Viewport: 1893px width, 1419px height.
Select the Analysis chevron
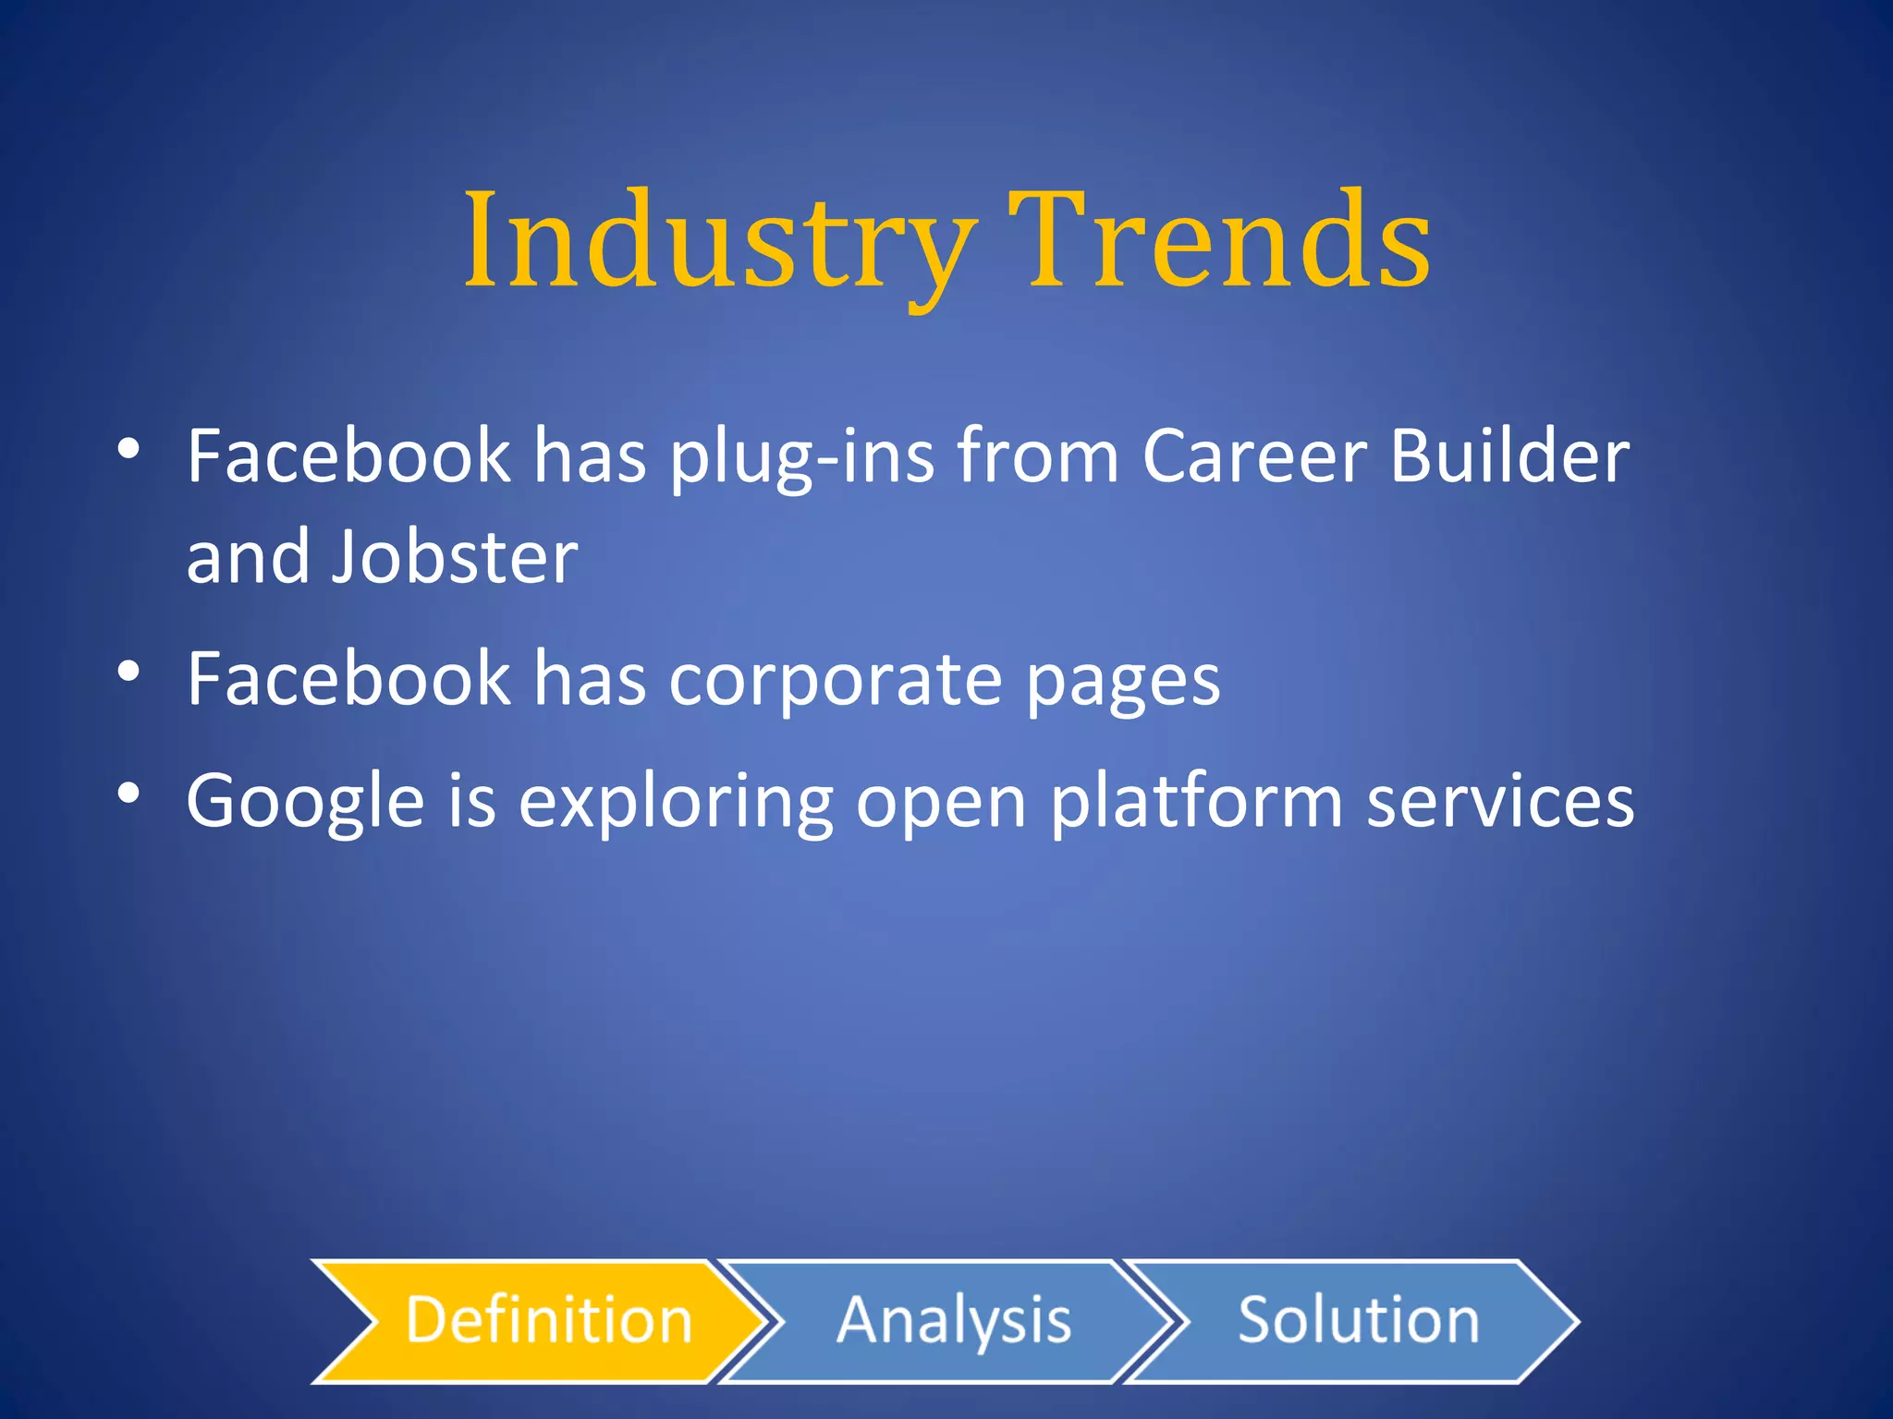tap(953, 1320)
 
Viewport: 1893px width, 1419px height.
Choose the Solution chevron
tap(1358, 1320)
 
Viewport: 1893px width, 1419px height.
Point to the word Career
tap(1254, 456)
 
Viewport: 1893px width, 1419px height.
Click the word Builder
tap(1509, 456)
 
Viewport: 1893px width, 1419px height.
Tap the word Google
tap(305, 802)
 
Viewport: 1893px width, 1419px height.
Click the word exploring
tap(676, 802)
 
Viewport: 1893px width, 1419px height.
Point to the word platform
tap(1196, 802)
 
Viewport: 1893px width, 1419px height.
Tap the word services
tap(1500, 802)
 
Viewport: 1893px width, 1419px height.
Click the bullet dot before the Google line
tap(128, 793)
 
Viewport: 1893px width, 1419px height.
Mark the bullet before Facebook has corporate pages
tap(128, 671)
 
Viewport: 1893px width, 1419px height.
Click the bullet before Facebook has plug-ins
tap(128, 449)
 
